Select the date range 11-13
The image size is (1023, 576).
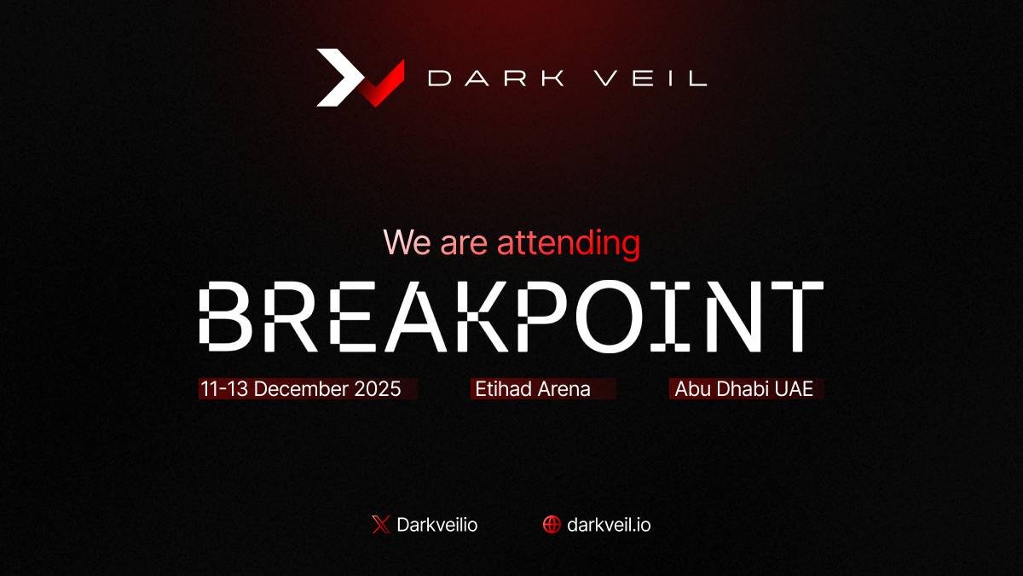(x=224, y=389)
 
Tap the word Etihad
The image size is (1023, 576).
(x=501, y=389)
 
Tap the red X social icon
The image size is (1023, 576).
(x=380, y=525)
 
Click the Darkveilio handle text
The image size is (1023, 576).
(x=437, y=525)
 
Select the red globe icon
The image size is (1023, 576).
(x=552, y=525)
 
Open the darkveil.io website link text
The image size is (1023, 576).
(x=609, y=525)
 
